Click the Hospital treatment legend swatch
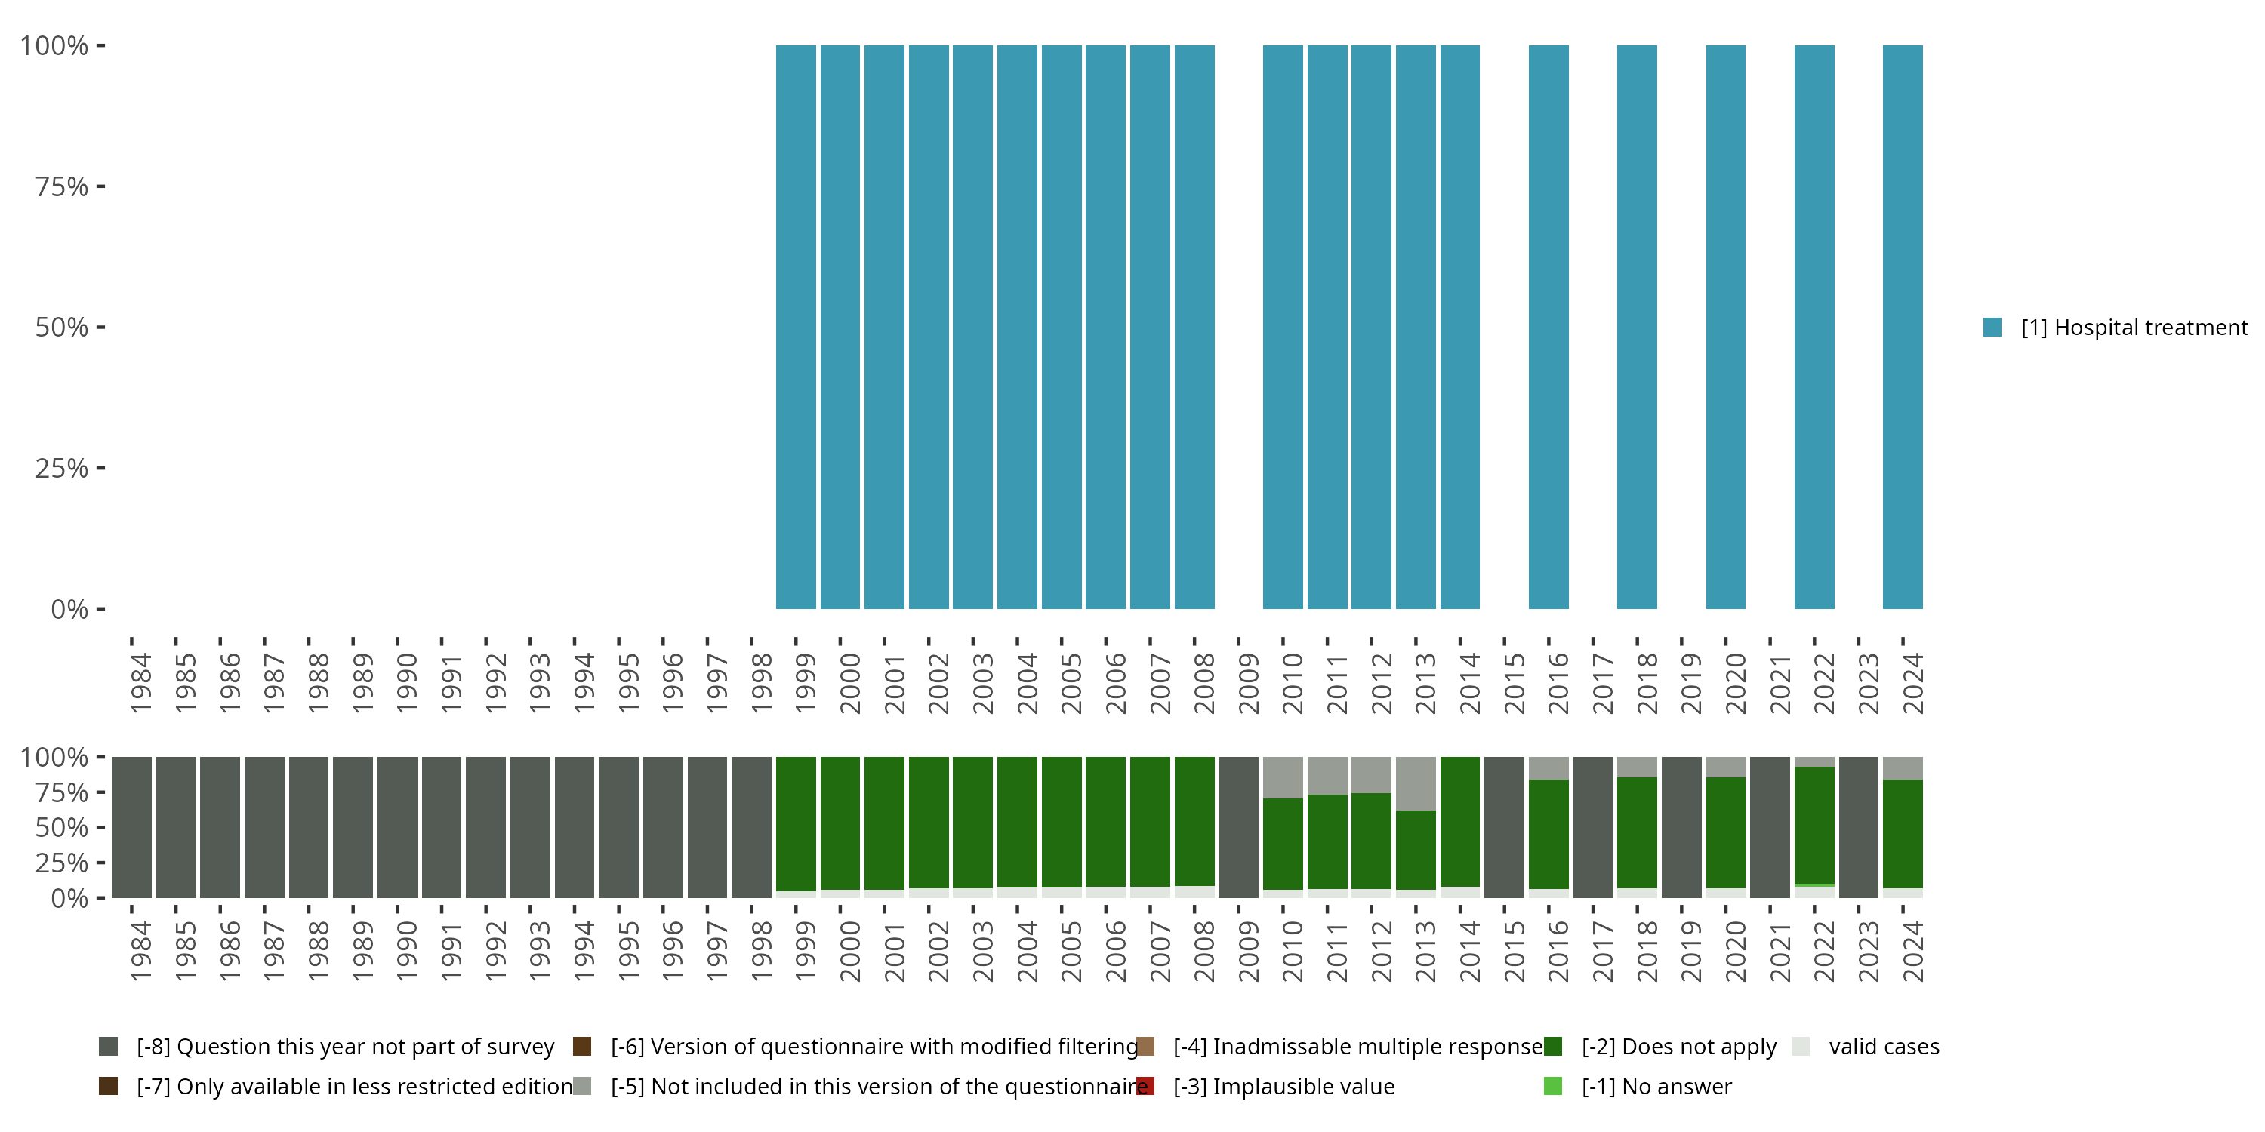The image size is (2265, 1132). (x=1992, y=327)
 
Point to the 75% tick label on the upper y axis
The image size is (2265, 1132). (x=62, y=187)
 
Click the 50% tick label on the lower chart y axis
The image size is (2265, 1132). (x=62, y=828)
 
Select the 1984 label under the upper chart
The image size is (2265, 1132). (x=140, y=683)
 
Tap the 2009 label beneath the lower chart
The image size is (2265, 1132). (x=1249, y=952)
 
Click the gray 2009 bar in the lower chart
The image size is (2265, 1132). (x=1238, y=827)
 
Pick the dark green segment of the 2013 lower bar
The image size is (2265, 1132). (x=1416, y=849)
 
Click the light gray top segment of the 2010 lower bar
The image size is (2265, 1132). (x=1283, y=777)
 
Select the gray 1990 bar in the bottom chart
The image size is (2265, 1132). (x=397, y=827)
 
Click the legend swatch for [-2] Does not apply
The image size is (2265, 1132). (x=1553, y=1047)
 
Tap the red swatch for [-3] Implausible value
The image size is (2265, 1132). (x=1145, y=1086)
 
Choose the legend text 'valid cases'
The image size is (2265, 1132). (x=1884, y=1047)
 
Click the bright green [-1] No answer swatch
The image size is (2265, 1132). (x=1553, y=1086)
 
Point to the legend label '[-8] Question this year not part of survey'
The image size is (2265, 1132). (x=345, y=1047)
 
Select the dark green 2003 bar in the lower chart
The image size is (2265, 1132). (x=972, y=822)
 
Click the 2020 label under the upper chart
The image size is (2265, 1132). (x=1736, y=683)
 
